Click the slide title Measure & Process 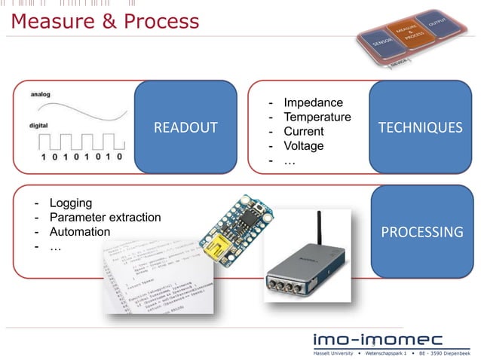(105, 21)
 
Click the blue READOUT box (185, 127)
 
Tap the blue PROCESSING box (421, 231)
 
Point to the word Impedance (313, 102)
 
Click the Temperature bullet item (317, 117)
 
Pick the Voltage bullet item (303, 145)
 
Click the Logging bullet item (70, 203)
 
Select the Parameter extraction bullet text (105, 217)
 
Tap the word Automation (79, 232)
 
